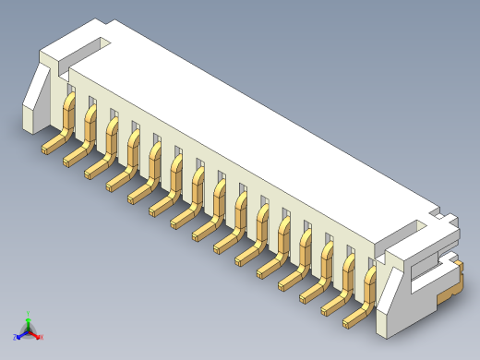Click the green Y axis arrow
pyautogui.click(x=29, y=317)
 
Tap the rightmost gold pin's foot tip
pyautogui.click(x=350, y=323)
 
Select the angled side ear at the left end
pyautogui.click(x=37, y=92)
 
